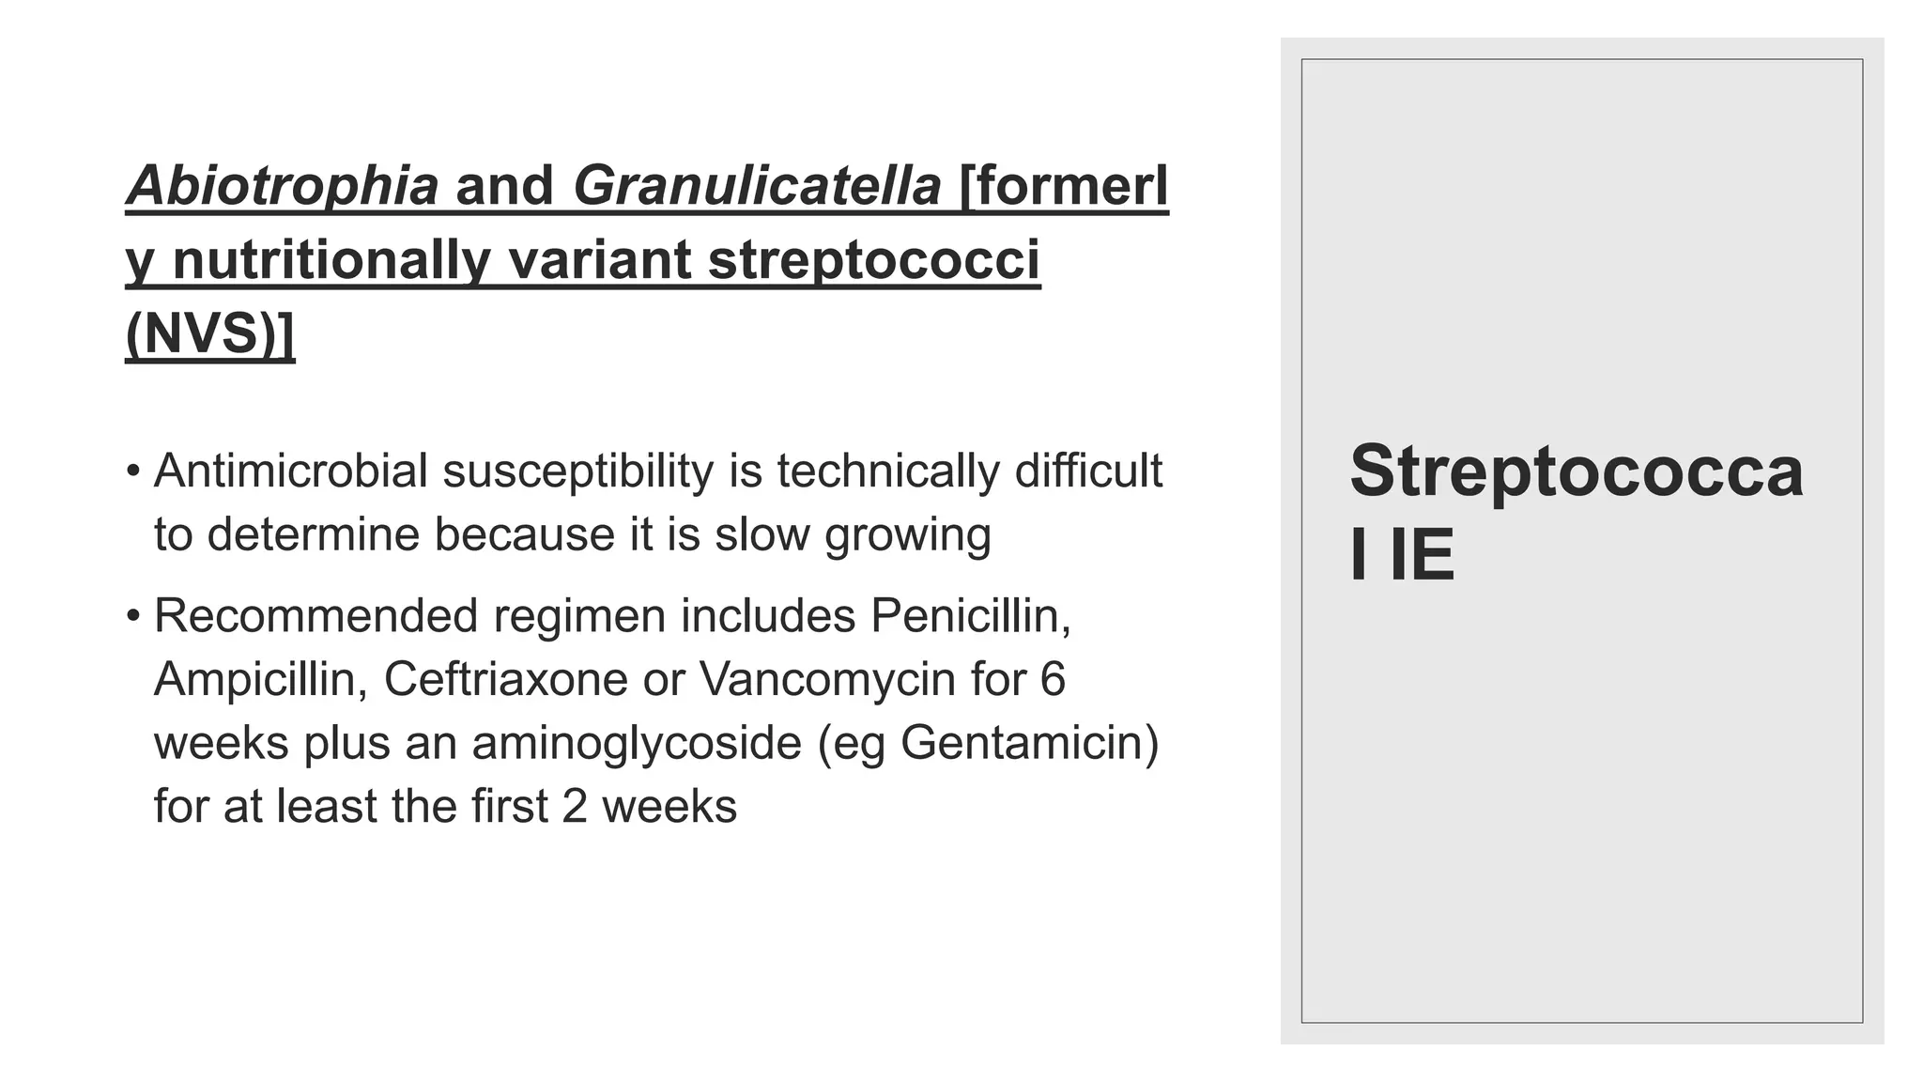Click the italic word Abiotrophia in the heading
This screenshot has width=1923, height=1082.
(282, 185)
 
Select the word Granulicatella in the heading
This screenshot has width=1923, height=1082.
(757, 185)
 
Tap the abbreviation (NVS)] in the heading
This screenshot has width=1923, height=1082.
(209, 332)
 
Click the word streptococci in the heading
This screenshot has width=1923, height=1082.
(874, 259)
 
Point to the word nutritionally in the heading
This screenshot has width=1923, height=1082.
(331, 259)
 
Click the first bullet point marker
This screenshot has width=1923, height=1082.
(133, 470)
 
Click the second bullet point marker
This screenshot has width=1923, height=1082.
(133, 616)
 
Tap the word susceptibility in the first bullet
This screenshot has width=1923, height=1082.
(577, 471)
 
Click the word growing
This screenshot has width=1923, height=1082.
(907, 535)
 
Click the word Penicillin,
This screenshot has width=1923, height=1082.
(971, 616)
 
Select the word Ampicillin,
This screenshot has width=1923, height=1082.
(260, 680)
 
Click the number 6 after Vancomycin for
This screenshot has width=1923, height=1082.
(1053, 679)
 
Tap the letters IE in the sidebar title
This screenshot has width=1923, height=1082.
(1422, 554)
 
